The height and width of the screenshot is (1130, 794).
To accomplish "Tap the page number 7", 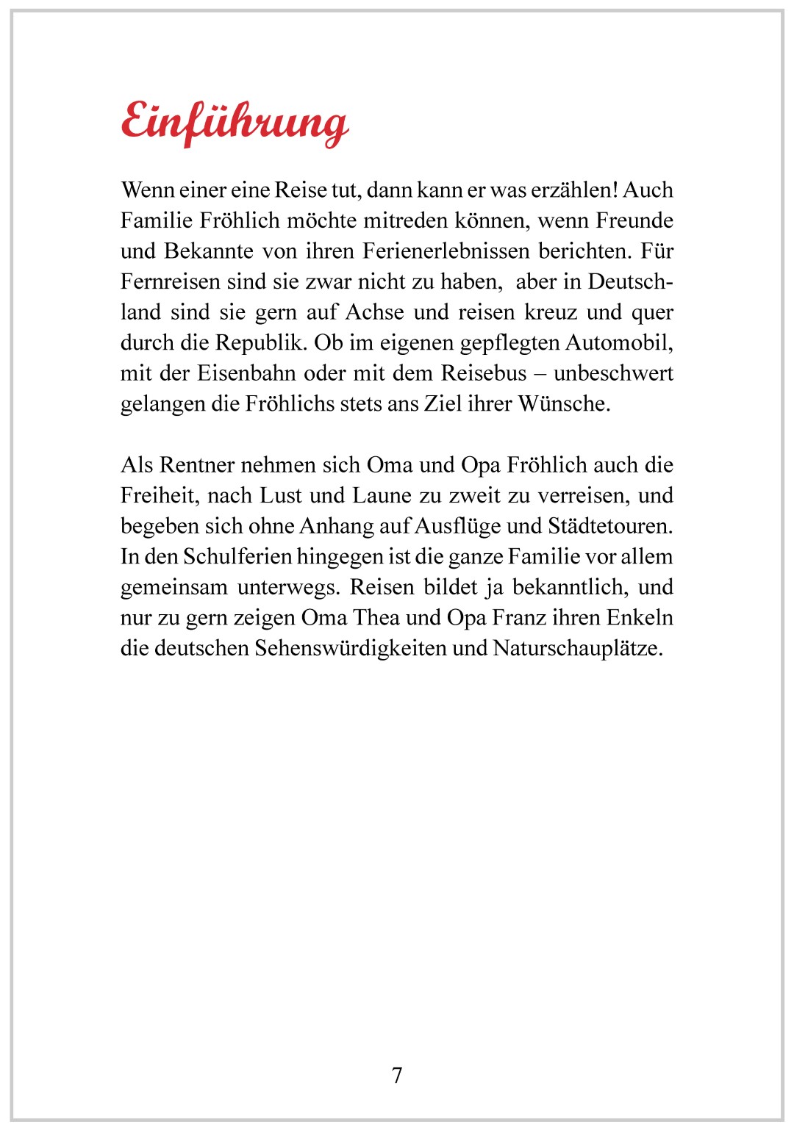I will coord(397,1075).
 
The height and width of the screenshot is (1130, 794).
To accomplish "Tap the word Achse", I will coord(374,312).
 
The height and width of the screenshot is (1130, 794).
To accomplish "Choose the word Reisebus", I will coord(484,373).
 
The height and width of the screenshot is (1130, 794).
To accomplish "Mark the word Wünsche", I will coord(563,404).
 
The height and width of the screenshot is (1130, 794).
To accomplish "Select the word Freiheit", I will coord(159,496).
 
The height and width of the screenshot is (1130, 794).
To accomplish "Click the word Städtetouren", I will coord(609,526).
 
